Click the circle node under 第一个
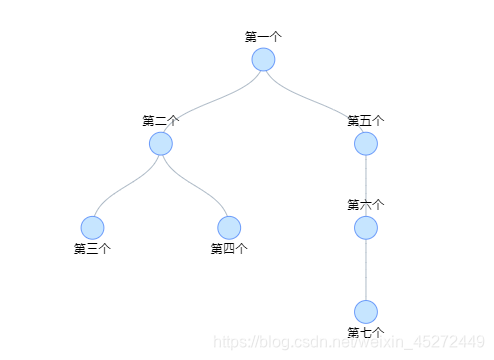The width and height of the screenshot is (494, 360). click(263, 59)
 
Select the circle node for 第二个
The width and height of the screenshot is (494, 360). click(161, 143)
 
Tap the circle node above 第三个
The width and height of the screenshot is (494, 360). click(92, 227)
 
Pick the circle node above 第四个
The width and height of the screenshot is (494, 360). click(229, 227)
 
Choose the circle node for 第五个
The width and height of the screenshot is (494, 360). click(366, 143)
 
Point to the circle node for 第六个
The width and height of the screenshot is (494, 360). click(366, 227)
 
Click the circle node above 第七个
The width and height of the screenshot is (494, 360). click(366, 311)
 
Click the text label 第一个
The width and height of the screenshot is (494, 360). click(263, 36)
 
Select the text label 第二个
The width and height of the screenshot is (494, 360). click(161, 120)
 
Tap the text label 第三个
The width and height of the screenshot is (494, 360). click(92, 248)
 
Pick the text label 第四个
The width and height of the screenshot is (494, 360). click(229, 248)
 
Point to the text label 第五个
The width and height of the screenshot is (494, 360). click(366, 120)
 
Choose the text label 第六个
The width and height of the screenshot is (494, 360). click(366, 204)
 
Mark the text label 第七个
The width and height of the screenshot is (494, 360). click(366, 332)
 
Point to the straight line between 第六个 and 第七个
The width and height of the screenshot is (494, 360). click(366, 269)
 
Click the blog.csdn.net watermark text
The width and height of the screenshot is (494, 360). click(350, 342)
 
